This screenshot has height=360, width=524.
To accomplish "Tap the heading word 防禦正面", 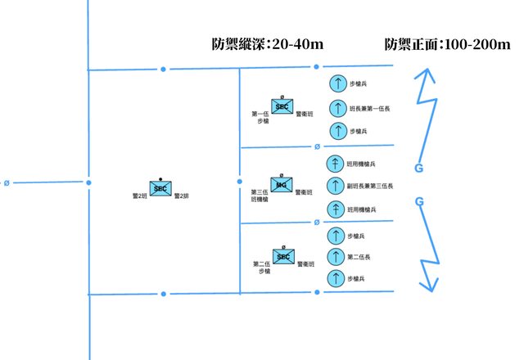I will pos(412,44).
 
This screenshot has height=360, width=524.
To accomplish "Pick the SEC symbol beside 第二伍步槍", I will pos(283,258).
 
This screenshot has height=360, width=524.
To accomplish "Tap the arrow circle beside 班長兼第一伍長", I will pos(336,107).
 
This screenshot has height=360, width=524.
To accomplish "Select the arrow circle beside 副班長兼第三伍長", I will pos(336,186).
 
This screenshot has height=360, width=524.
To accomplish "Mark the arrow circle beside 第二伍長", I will pos(336,257).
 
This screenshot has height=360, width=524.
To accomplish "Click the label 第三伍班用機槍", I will pos(260,196).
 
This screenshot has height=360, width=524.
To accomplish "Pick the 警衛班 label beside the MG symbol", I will pos(304,191).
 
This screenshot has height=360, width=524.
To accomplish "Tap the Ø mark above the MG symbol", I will pos(282,175).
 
